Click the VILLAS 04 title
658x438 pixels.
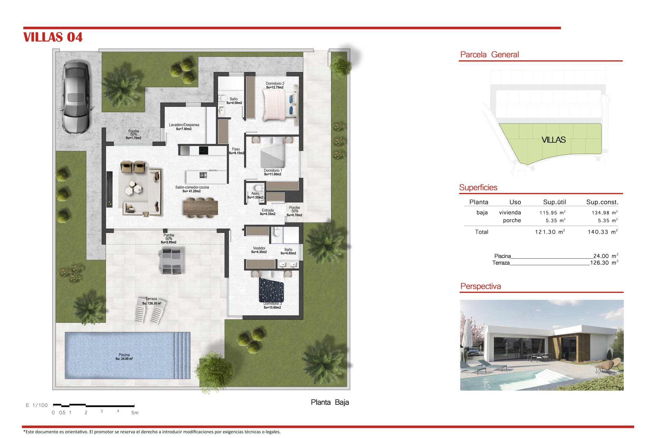click(53, 37)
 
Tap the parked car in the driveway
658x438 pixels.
click(76, 97)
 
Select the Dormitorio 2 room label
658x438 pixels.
click(275, 83)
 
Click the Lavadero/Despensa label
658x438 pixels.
click(184, 125)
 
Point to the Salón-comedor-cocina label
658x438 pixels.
click(192, 187)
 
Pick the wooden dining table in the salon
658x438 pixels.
click(201, 207)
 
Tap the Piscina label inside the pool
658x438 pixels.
click(124, 355)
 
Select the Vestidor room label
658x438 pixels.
click(259, 248)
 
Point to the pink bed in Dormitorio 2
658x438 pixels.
click(275, 105)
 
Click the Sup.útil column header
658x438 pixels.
click(555, 202)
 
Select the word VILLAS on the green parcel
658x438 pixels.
click(553, 140)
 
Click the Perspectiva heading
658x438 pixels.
click(480, 286)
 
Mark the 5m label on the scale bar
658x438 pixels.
click(135, 413)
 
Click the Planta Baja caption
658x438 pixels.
click(330, 402)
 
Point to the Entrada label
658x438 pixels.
click(268, 210)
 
